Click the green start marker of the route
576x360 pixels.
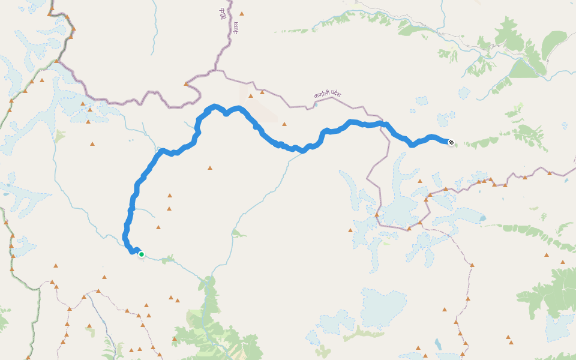(142, 254)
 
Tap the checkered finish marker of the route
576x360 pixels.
(451, 142)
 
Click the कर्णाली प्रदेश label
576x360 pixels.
(327, 95)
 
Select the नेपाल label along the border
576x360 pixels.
(236, 27)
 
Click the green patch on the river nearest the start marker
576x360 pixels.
(167, 259)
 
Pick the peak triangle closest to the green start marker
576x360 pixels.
(158, 227)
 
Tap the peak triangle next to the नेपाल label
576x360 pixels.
(242, 13)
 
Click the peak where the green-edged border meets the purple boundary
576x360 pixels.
(56, 61)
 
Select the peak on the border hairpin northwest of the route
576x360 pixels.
(186, 84)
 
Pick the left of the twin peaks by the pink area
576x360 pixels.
(251, 94)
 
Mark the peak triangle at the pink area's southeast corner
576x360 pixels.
(284, 124)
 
